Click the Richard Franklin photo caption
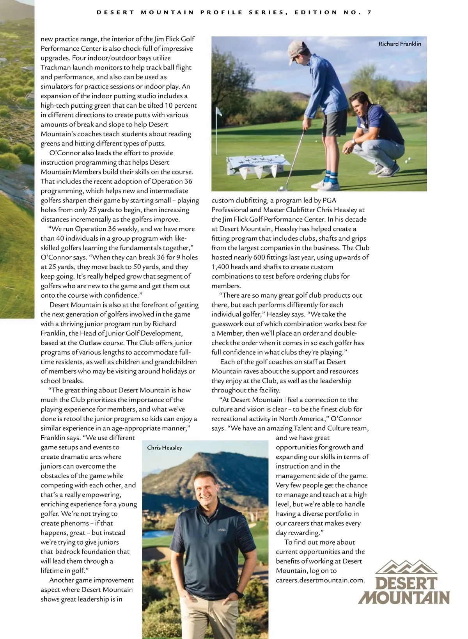point(400,44)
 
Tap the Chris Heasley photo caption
point(164,448)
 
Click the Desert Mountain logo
point(404,582)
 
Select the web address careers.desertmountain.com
point(320,580)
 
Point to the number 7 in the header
point(369,12)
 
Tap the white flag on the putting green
point(219,112)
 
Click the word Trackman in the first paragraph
point(55,67)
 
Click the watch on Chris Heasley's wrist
point(238,595)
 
